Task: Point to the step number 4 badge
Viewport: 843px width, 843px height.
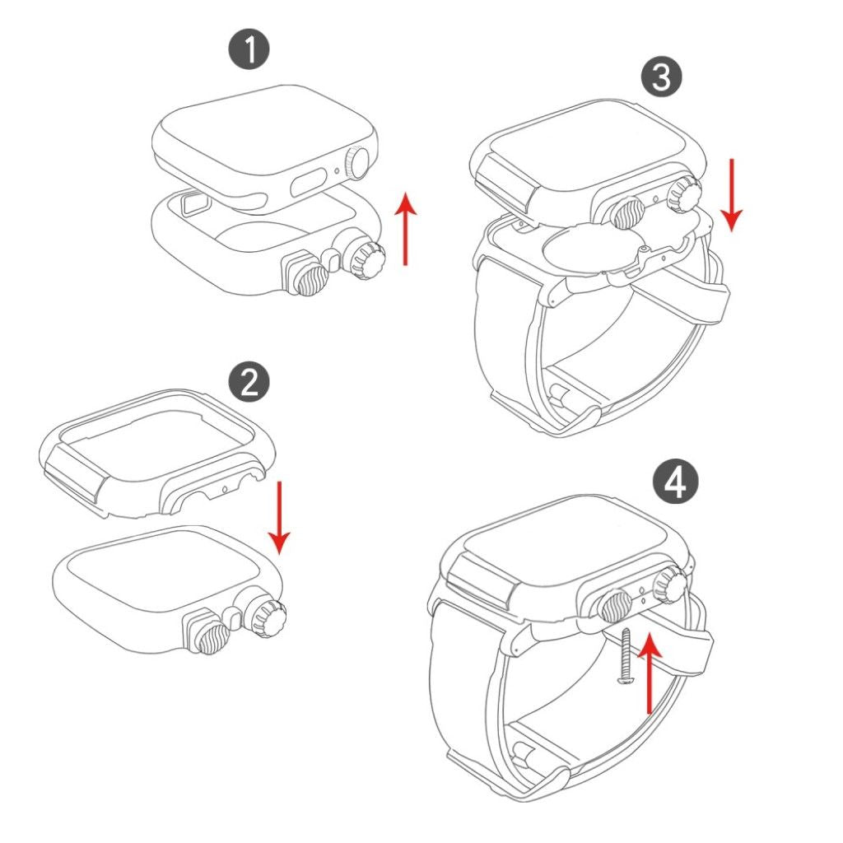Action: [676, 482]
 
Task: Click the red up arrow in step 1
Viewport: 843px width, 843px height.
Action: [406, 230]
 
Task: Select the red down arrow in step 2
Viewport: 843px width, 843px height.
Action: [279, 517]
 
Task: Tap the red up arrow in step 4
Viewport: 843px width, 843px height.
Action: [650, 673]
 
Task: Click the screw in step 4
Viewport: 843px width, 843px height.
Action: [625, 656]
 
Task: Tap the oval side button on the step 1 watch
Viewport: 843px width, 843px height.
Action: [310, 182]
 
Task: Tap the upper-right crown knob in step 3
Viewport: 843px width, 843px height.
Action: [683, 193]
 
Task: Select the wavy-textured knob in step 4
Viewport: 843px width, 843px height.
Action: [615, 604]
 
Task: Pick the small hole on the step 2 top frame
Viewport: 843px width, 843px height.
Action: [225, 488]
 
